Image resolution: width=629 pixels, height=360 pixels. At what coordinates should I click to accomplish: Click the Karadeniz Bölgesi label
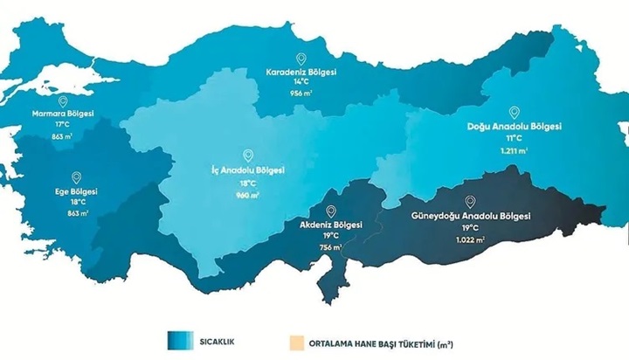pyautogui.click(x=301, y=71)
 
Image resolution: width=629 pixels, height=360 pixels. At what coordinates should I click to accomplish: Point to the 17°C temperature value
pyautogui.click(x=62, y=125)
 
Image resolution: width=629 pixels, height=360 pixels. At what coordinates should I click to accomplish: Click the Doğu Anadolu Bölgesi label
pyautogui.click(x=513, y=126)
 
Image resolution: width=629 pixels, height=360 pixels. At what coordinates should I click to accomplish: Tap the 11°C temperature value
pyautogui.click(x=513, y=138)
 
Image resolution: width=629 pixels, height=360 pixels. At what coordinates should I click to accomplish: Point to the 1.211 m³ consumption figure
pyautogui.click(x=513, y=150)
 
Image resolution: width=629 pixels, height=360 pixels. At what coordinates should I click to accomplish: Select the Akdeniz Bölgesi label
pyautogui.click(x=330, y=225)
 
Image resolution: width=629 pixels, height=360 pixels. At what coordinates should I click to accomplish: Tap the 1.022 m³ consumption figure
pyautogui.click(x=470, y=239)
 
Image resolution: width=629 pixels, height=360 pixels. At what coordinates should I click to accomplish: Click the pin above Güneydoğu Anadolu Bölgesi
pyautogui.click(x=470, y=200)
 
